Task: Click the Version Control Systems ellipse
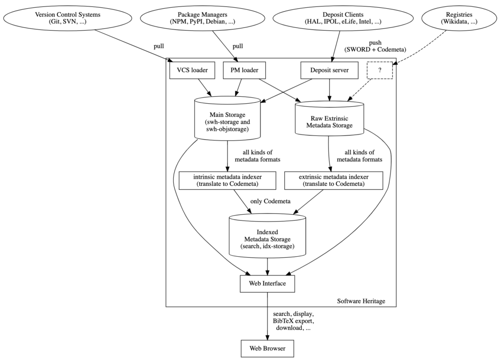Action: pos(68,18)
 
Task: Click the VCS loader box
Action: pos(189,70)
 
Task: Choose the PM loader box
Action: pos(244,70)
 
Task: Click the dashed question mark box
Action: pos(380,70)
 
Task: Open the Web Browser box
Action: pos(267,348)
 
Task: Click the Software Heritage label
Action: pos(361,301)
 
